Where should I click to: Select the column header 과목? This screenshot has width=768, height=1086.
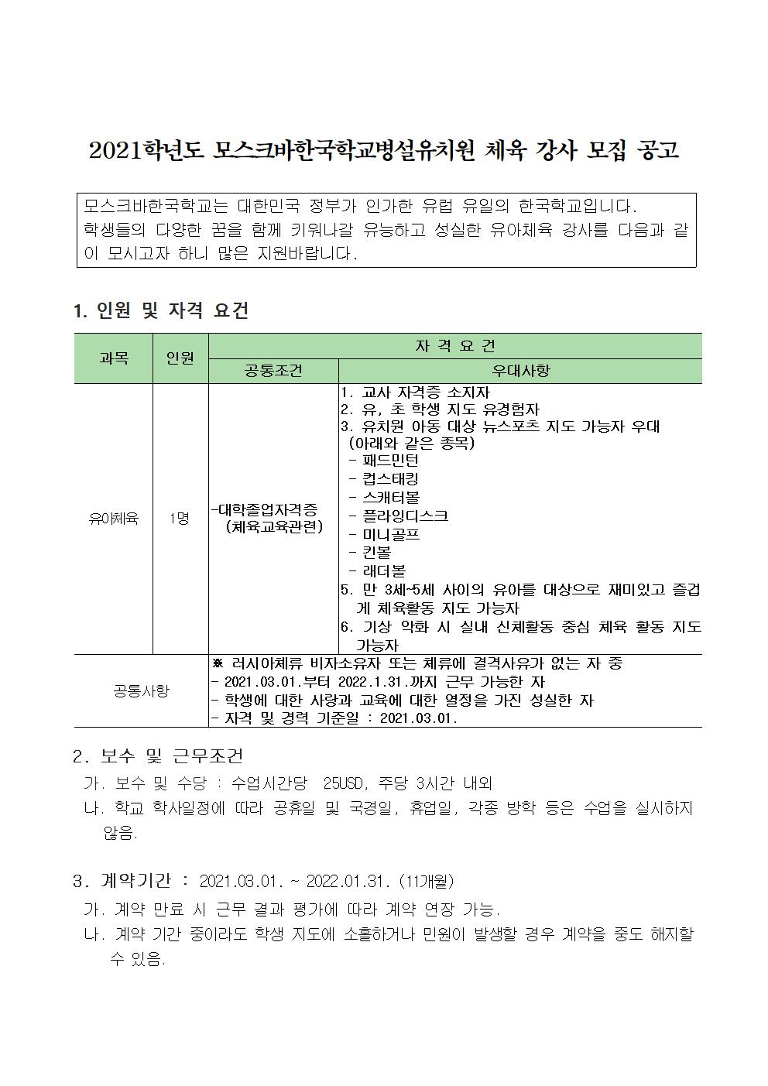[114, 358]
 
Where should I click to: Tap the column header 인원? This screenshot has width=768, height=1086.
[180, 358]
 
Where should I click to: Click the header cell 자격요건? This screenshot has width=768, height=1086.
[455, 346]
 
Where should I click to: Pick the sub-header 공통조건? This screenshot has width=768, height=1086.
[273, 371]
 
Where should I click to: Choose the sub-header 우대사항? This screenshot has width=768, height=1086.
[520, 371]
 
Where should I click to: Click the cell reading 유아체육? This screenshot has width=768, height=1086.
[114, 519]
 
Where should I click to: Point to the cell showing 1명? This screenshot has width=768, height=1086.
[180, 519]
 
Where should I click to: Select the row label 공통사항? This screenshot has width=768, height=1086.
[141, 690]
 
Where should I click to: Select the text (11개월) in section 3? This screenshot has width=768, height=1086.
[426, 882]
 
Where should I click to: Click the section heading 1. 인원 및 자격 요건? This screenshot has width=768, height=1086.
[161, 311]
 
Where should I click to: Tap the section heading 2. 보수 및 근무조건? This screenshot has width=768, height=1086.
[158, 755]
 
